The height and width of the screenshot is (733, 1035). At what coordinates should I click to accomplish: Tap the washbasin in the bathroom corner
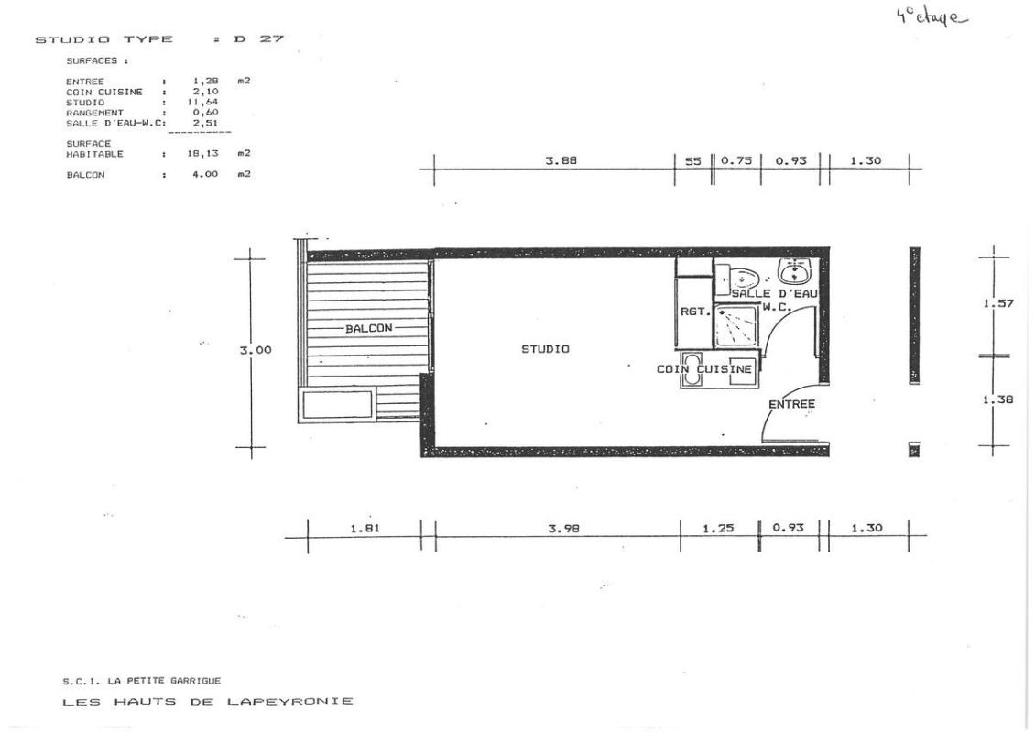tap(795, 270)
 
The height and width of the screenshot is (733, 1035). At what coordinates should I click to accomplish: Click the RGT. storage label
tap(694, 311)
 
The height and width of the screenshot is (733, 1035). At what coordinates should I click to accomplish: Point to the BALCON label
tap(369, 328)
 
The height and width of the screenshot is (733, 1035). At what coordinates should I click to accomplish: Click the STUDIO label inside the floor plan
tap(545, 349)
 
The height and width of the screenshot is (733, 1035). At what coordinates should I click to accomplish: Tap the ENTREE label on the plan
tap(791, 403)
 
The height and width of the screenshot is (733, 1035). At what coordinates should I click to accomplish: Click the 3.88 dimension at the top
tap(561, 160)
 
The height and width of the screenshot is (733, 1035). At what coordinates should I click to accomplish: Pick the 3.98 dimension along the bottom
tap(563, 529)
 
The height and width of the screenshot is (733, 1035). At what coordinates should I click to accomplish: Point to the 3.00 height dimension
tap(256, 350)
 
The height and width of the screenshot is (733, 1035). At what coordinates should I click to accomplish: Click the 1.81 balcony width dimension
tap(365, 529)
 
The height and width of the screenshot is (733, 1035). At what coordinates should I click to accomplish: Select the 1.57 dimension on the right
tap(998, 304)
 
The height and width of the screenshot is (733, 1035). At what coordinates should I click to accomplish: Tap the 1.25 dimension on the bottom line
tap(718, 529)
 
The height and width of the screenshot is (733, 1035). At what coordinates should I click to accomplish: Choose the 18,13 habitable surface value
tap(202, 153)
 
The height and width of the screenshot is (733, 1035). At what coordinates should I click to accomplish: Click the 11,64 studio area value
tap(205, 102)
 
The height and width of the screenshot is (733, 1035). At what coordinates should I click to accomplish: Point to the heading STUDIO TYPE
tap(103, 39)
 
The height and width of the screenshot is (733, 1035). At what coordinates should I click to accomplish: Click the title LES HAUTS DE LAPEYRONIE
tap(207, 701)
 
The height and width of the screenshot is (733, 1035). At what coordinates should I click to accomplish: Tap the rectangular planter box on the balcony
tap(337, 404)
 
